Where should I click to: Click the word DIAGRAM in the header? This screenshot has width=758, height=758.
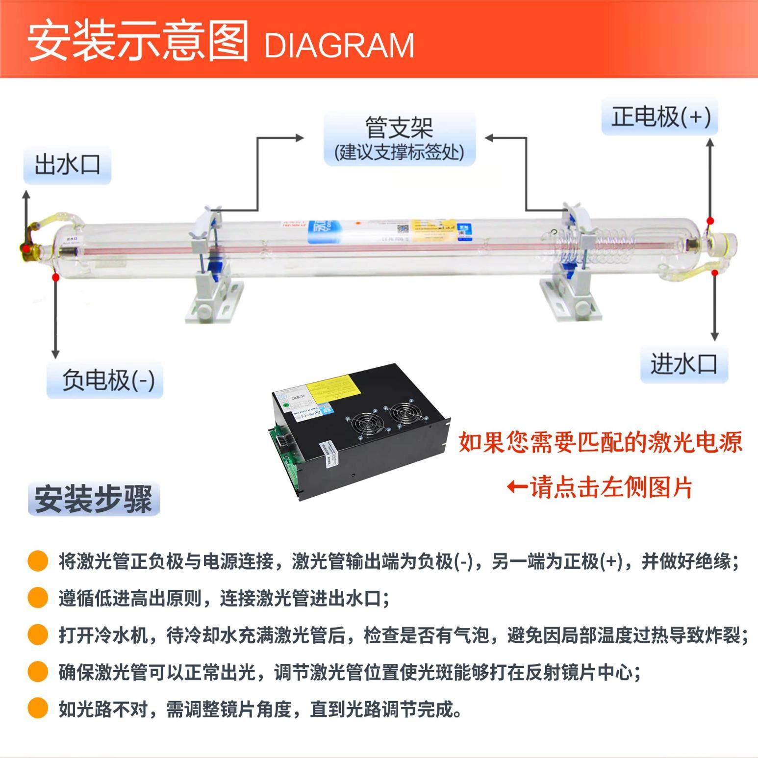point(339,46)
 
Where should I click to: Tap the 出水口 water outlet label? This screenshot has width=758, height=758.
point(68,165)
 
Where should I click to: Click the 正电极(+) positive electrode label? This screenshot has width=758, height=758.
point(660,117)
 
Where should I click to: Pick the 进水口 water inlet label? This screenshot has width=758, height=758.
point(684,364)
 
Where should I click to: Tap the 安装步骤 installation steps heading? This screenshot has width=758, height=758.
point(94,499)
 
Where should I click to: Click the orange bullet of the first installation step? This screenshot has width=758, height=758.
point(38,561)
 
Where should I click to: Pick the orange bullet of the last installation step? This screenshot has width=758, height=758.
point(38,708)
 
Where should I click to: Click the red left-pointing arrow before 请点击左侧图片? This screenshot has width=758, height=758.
point(517,487)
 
